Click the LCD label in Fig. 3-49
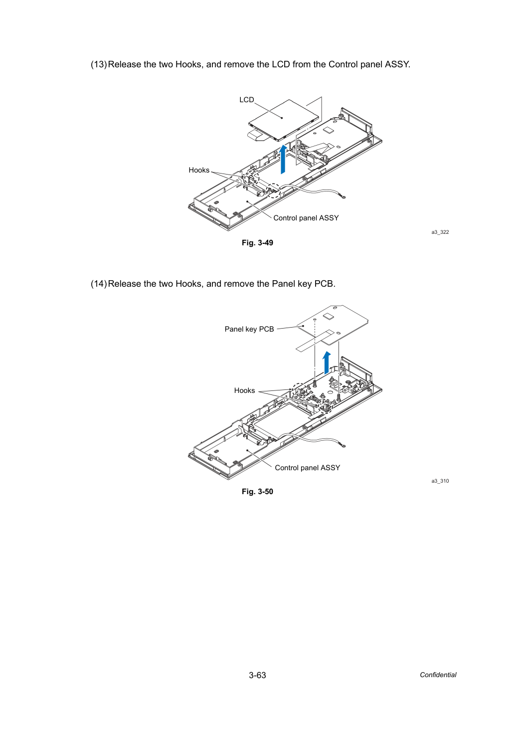247,100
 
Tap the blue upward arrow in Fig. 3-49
283,159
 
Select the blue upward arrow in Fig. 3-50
327,363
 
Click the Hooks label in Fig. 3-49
199,170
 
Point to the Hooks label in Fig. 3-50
244,390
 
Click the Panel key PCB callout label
249,330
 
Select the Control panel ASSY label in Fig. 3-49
306,218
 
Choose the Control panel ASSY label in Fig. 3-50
308,468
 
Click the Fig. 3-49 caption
257,243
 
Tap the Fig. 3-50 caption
257,492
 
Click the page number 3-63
257,675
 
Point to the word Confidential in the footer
438,675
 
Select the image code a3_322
440,232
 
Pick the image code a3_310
440,481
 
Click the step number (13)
99,64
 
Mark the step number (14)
99,284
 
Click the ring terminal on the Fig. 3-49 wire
342,196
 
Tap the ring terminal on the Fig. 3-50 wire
342,445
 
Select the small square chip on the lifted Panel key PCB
329,316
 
